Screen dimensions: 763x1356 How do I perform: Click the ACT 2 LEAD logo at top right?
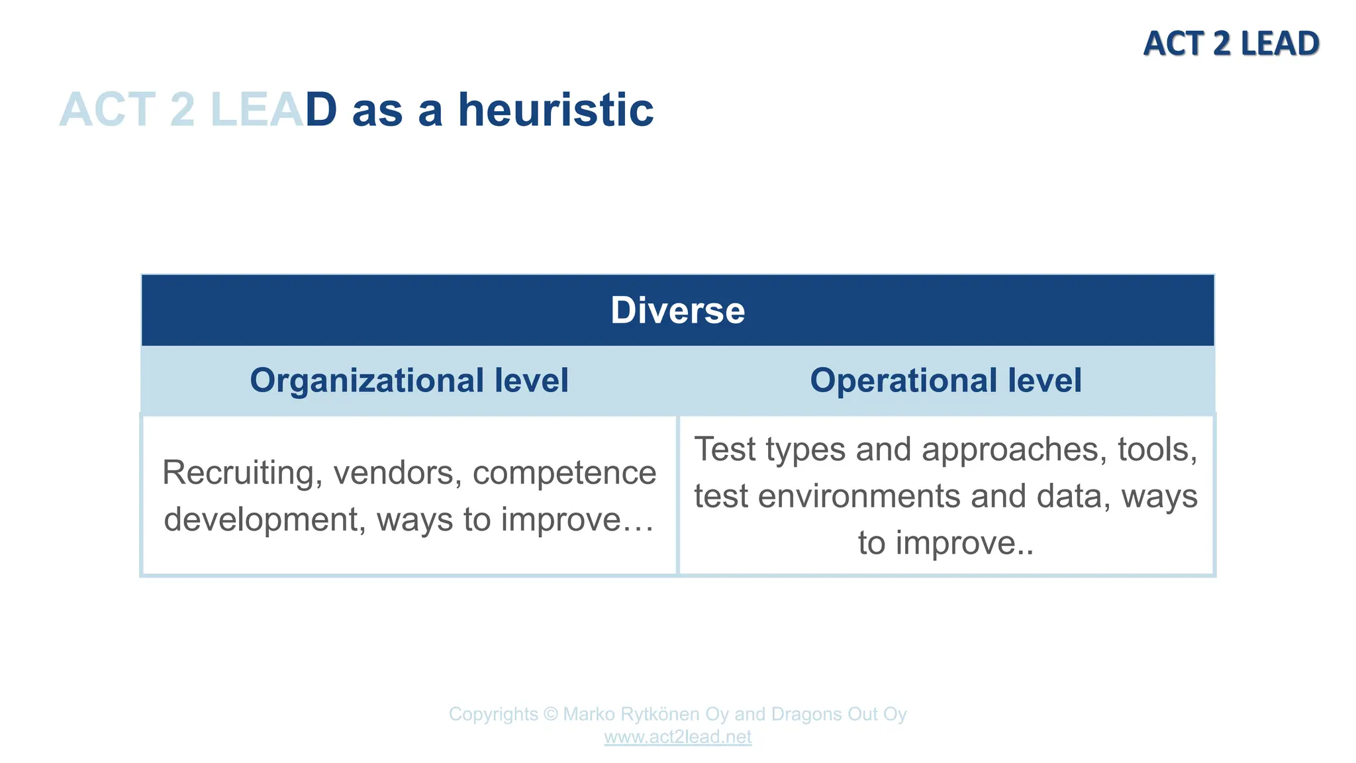pyautogui.click(x=1231, y=44)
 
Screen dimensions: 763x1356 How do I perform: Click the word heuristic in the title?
pyautogui.click(x=556, y=110)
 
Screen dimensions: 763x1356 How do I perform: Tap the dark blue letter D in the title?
pyautogui.click(x=321, y=110)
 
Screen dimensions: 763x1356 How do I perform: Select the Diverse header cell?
pyautogui.click(x=677, y=310)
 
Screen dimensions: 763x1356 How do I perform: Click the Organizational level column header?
pyautogui.click(x=409, y=381)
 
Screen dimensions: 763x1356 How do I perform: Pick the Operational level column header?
pyautogui.click(x=945, y=381)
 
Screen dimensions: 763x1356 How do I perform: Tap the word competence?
pyautogui.click(x=564, y=473)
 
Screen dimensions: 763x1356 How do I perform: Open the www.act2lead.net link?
pyautogui.click(x=677, y=737)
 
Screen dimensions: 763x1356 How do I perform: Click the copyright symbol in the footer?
pyautogui.click(x=550, y=715)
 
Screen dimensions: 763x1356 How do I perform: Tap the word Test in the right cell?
pyautogui.click(x=725, y=450)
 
